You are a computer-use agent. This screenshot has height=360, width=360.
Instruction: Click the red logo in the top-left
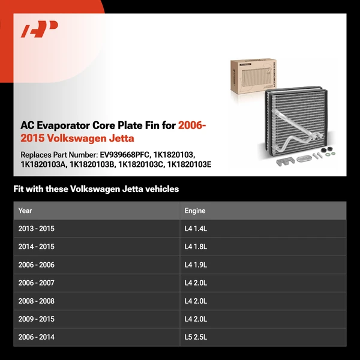pyautogui.click(x=40, y=29)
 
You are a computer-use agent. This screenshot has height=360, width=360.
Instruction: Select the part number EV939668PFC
pyautogui.click(x=127, y=155)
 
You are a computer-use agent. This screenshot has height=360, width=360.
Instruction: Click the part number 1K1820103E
pyautogui.click(x=189, y=164)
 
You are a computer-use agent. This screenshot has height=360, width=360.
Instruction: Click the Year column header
pyautogui.click(x=25, y=211)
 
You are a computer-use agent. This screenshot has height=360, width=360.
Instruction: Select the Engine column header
pyautogui.click(x=195, y=211)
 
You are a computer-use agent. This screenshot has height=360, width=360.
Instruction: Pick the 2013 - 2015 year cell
pyautogui.click(x=36, y=229)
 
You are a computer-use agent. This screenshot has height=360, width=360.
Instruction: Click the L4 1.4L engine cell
pyautogui.click(x=197, y=229)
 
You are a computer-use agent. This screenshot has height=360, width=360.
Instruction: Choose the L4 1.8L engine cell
pyautogui.click(x=197, y=247)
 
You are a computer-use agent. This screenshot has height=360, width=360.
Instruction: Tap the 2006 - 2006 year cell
pyautogui.click(x=36, y=265)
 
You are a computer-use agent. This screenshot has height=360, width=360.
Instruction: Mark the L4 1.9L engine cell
pyautogui.click(x=197, y=265)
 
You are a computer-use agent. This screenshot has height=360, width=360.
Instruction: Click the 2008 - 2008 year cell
pyautogui.click(x=36, y=301)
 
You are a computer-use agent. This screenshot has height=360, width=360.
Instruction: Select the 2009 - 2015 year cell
pyautogui.click(x=36, y=319)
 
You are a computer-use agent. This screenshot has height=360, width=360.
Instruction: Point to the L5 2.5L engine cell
pyautogui.click(x=197, y=337)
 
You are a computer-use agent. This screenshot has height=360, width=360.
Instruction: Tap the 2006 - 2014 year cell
pyautogui.click(x=36, y=337)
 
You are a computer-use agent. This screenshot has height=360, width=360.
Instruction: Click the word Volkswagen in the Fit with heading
pyautogui.click(x=95, y=189)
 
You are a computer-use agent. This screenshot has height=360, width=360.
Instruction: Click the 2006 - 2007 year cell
pyautogui.click(x=36, y=283)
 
